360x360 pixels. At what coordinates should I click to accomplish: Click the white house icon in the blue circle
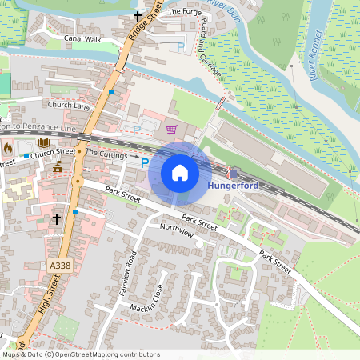[180, 173]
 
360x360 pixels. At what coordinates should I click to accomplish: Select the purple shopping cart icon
[170, 128]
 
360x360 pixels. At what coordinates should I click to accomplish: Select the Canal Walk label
[82, 38]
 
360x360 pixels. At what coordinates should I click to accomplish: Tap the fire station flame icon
[9, 148]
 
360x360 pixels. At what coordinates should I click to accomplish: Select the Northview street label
[177, 227]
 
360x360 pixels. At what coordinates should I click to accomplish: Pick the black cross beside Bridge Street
[137, 16]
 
